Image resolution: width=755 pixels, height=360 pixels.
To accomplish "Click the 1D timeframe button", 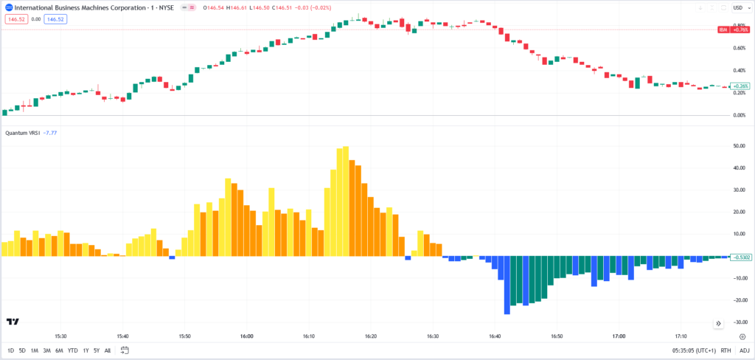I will click(x=10, y=350).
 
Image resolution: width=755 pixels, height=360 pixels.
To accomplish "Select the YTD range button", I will click(x=72, y=350).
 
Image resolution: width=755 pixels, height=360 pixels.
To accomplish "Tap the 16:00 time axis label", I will click(x=247, y=336).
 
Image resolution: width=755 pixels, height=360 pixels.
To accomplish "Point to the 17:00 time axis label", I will click(x=619, y=336).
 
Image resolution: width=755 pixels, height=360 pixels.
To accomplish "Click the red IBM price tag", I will click(x=736, y=30).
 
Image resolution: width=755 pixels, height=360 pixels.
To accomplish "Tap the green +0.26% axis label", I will click(x=740, y=86).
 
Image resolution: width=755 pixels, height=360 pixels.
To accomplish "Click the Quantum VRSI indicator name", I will click(x=22, y=133).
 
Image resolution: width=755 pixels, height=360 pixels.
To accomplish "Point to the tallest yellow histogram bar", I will click(x=345, y=201).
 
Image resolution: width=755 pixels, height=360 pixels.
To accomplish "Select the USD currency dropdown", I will click(x=740, y=7).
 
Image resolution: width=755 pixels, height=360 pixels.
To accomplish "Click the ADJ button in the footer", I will click(x=745, y=350).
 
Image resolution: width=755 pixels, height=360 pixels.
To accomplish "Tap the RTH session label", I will click(x=726, y=350).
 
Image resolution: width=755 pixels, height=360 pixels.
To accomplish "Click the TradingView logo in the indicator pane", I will click(x=13, y=322).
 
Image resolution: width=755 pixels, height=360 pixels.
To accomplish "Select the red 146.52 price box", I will click(x=16, y=19).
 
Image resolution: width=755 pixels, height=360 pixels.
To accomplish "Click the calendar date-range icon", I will click(x=125, y=350).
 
